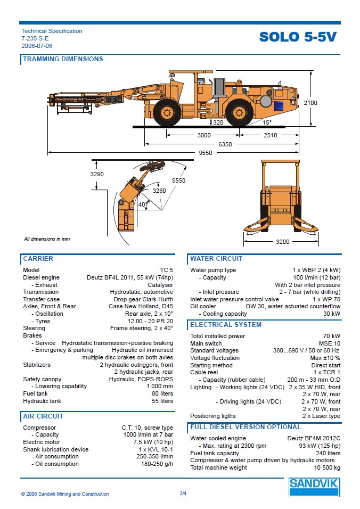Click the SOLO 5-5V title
click(298, 37)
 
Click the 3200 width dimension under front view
click(283, 242)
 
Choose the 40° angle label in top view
click(143, 204)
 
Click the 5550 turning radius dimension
click(178, 181)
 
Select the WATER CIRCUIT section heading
click(216, 259)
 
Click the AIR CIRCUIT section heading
click(43, 416)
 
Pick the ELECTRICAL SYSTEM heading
click(226, 325)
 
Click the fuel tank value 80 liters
click(162, 394)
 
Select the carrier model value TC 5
click(166, 270)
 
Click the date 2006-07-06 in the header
click(37, 46)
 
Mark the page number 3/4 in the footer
click(183, 494)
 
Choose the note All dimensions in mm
click(47, 239)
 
